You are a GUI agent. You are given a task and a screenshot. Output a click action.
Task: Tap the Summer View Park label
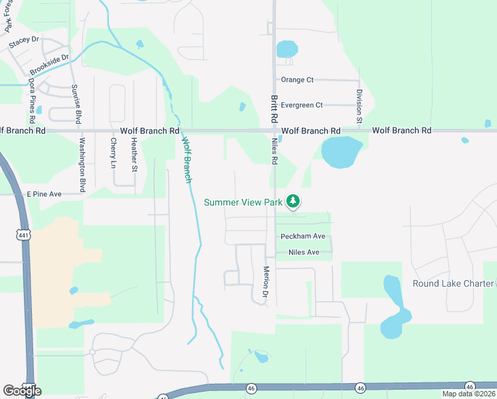pos(244,201)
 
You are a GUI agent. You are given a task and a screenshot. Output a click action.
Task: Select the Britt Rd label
pos(274,108)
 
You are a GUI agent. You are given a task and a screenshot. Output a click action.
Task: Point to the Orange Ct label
pos(297,80)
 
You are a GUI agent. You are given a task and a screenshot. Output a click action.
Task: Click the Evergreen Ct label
pos(302,105)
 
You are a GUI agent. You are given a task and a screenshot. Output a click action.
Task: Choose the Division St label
pos(359,106)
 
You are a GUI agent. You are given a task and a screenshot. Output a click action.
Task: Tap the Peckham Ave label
pos(303,236)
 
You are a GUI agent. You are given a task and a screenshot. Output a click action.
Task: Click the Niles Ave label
pos(304,253)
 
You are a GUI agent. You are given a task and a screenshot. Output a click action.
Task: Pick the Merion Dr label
pos(265,282)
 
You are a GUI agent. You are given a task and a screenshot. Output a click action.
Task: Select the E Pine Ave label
pos(44,194)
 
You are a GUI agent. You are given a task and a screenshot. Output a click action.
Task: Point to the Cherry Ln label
pos(114,153)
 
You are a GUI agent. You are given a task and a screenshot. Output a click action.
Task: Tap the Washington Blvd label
pos(83,166)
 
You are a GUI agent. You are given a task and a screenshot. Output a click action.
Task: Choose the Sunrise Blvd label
pos(77,105)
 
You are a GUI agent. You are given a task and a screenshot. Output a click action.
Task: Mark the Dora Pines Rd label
pos(31,100)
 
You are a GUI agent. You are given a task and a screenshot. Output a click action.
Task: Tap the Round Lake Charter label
pos(453,283)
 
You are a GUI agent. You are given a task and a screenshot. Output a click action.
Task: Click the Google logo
pos(23,391)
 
